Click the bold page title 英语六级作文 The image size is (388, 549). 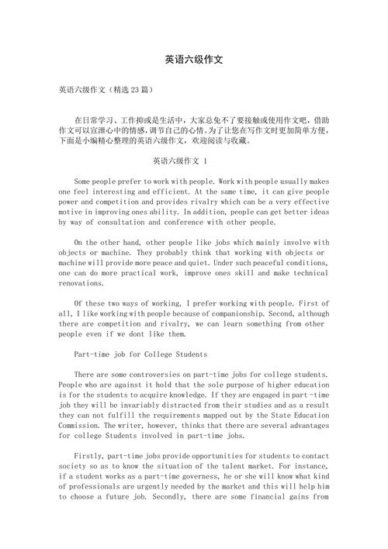(x=194, y=60)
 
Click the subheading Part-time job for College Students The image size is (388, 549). (x=141, y=354)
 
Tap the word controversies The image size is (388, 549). (x=182, y=374)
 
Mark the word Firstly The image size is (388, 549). (x=92, y=465)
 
